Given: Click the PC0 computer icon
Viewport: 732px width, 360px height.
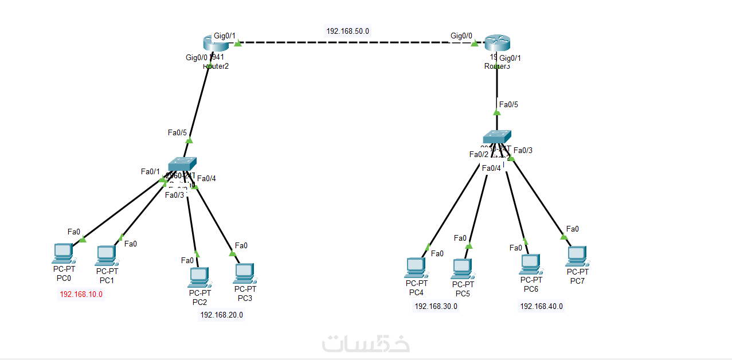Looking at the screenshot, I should point(62,252).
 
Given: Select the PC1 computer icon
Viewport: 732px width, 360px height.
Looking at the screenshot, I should point(106,254).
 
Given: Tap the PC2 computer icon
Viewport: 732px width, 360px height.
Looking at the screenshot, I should point(199,276).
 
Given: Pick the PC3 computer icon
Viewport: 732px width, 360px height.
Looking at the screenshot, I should point(244,273).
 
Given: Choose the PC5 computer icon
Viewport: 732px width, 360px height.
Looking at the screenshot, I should point(462,268).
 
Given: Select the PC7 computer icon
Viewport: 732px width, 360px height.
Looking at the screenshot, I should point(576,255).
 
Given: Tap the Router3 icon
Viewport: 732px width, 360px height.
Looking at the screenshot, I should point(496,43).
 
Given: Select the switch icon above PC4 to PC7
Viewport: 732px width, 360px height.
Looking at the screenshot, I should point(496,136).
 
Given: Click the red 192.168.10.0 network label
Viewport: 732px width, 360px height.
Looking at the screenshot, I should point(81,294).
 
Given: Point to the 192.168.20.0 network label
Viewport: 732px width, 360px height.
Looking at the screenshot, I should point(221,315).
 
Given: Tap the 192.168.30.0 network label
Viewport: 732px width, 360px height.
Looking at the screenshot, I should point(436,306).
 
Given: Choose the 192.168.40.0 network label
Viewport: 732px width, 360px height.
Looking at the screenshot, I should point(541,306).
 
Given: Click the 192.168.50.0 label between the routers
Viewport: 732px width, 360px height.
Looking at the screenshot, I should point(348,31).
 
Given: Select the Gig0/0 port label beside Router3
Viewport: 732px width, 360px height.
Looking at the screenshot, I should point(461,36).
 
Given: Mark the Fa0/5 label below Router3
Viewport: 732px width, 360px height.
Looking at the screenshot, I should point(508,104).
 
